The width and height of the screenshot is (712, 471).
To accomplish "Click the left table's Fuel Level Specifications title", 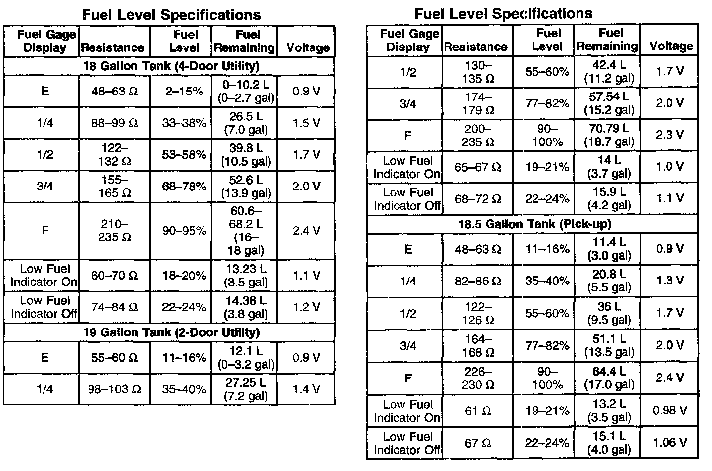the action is coord(171,15).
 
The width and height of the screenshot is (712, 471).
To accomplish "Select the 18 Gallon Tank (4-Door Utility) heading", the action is coord(171,66).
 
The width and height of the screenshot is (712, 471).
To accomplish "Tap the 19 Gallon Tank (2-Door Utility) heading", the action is coord(172,332).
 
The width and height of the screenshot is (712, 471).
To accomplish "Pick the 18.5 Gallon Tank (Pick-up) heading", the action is coord(534,224).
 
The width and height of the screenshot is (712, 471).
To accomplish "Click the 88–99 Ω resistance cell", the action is coord(115,123).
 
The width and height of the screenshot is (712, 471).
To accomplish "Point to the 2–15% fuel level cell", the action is coord(184,92).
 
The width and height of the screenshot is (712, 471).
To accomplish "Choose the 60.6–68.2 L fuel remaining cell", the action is coord(246,231).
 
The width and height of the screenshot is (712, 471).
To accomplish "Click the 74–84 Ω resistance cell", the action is coord(115,307).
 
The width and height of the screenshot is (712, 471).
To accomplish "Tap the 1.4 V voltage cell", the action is coord(306,389).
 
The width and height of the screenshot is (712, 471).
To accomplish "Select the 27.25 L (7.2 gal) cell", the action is coord(246,389).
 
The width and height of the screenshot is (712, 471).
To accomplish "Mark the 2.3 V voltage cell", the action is coord(669,135).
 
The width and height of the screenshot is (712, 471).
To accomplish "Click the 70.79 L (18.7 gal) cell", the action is coord(609,135).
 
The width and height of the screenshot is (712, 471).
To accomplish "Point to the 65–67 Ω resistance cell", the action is coord(478,167).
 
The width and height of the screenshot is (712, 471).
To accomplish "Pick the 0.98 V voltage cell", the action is coord(669,410).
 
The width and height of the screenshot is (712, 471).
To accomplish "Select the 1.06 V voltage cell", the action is coord(669,442).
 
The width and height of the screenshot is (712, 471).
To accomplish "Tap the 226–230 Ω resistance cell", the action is coord(478,378).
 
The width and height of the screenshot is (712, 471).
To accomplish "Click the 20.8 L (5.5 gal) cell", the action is coord(609,281).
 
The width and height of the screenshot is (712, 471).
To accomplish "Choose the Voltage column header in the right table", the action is coord(671,47).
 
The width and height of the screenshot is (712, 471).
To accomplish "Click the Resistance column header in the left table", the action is coord(113,47).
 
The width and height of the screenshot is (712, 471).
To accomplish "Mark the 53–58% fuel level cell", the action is coord(184,155).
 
